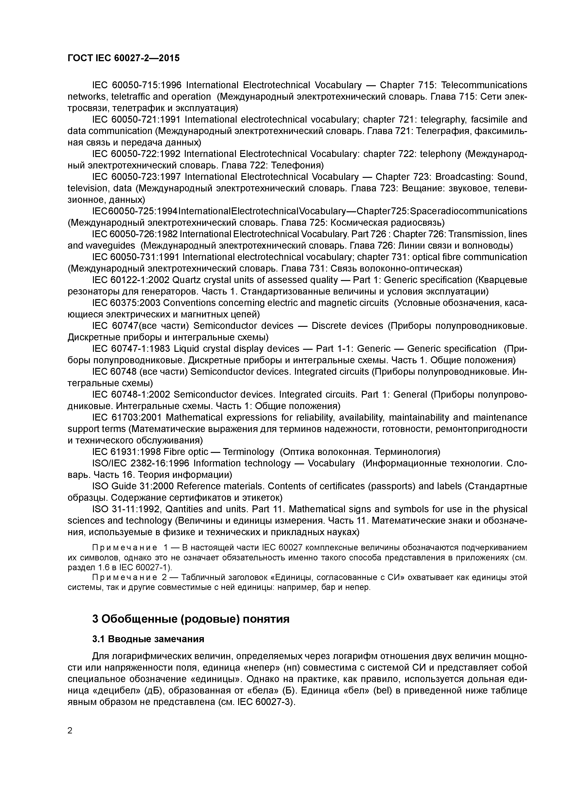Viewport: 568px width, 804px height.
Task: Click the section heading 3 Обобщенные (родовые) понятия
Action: pyautogui.click(x=191, y=619)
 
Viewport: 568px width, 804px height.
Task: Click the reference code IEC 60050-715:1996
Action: pyautogui.click(x=136, y=85)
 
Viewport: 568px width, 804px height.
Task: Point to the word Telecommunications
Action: pyautogui.click(x=484, y=85)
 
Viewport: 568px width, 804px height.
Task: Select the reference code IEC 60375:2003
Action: pyautogui.click(x=126, y=303)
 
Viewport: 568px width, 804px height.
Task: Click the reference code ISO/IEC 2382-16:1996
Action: pyautogui.click(x=140, y=463)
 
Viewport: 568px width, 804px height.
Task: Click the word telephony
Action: pyautogui.click(x=440, y=154)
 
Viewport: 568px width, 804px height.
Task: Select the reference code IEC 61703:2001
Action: pyautogui.click(x=127, y=417)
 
